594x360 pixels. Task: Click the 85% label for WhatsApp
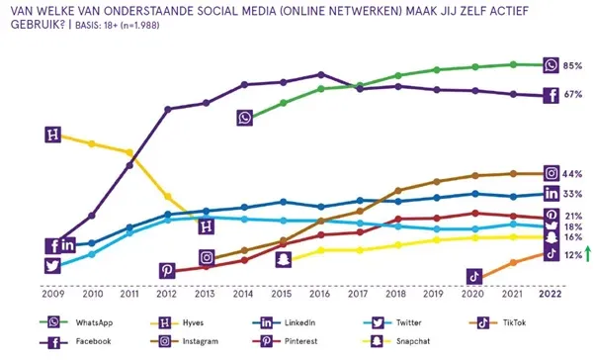[571, 66]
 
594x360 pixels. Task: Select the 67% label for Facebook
[571, 96]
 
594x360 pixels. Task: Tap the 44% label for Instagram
[571, 174]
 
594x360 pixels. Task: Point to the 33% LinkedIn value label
[571, 194]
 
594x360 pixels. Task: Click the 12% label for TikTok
[571, 255]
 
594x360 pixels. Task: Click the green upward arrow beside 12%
[587, 254]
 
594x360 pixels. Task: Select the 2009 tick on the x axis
[53, 294]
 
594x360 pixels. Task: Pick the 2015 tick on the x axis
[282, 294]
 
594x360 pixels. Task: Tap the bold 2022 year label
[551, 294]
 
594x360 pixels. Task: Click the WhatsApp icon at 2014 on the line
[245, 118]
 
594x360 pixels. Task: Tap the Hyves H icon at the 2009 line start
[53, 135]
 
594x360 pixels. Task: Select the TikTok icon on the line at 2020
[474, 276]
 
